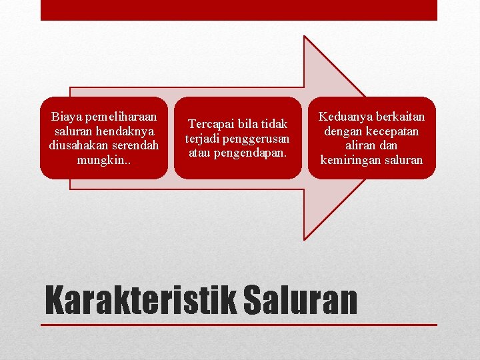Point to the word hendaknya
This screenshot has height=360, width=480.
coord(124,131)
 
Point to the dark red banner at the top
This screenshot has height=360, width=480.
coord(239,10)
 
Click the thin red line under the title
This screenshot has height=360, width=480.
coord(239,325)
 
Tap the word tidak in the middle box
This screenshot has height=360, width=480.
coord(273,124)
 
